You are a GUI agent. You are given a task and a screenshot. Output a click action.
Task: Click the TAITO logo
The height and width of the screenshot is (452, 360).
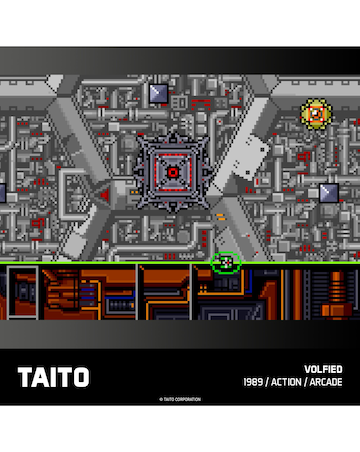[53, 377]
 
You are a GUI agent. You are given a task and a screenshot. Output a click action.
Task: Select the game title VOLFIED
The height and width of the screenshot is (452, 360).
[323, 368]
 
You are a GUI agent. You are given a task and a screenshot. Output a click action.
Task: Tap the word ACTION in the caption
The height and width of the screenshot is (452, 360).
[290, 383]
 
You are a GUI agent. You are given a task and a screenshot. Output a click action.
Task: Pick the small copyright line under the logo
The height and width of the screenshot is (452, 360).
[180, 399]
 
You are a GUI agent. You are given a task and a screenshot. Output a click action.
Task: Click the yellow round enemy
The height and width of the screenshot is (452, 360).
[315, 114]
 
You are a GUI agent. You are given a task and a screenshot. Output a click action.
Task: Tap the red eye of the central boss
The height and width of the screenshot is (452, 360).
[173, 172]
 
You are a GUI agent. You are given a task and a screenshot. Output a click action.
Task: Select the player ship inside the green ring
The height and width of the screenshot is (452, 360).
[227, 262]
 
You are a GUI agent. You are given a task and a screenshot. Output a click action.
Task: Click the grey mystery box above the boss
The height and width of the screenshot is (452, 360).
[158, 93]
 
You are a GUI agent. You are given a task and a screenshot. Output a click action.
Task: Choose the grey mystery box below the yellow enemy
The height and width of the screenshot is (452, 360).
[329, 191]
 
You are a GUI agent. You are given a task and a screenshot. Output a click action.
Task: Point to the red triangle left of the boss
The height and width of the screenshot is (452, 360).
[104, 196]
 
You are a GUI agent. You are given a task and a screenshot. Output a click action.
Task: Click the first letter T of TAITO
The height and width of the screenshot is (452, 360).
[24, 377]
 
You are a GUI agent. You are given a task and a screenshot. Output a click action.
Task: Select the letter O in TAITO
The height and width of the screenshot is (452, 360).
[79, 377]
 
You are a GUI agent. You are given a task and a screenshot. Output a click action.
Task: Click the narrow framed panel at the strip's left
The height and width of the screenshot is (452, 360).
[28, 292]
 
